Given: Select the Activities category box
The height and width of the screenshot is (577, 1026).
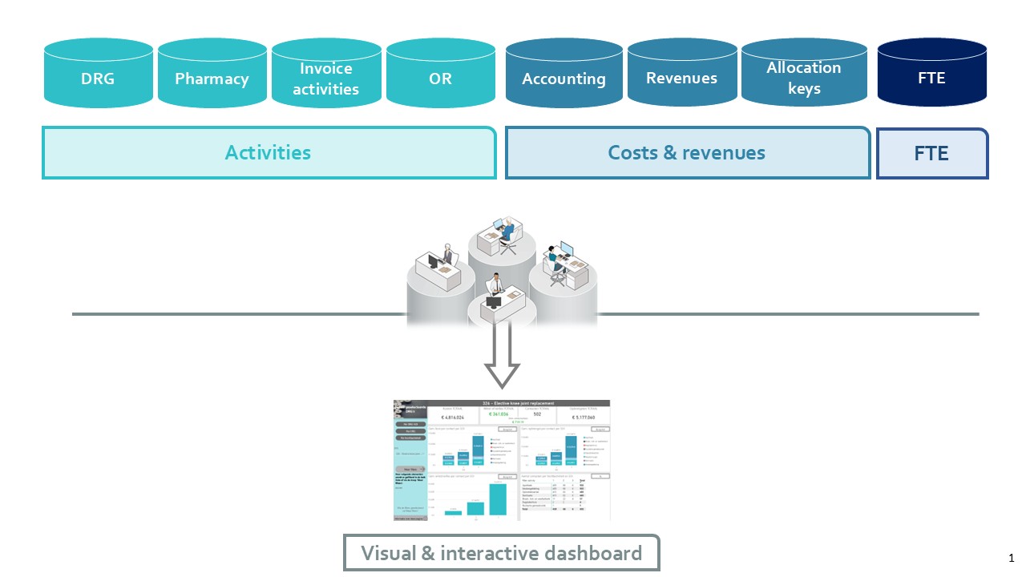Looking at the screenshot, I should tap(269, 152).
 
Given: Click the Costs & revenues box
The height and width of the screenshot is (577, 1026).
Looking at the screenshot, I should tap(687, 152).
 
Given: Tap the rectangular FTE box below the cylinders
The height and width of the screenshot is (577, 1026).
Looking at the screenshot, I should tap(931, 152).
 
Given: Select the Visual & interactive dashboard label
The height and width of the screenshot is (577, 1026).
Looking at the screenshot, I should tap(501, 553).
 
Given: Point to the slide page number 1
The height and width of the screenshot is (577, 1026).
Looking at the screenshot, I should tap(1012, 558).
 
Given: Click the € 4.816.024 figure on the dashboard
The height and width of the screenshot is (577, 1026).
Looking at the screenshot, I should tap(453, 418).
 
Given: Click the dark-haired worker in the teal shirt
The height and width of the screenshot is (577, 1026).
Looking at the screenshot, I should tap(555, 258).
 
